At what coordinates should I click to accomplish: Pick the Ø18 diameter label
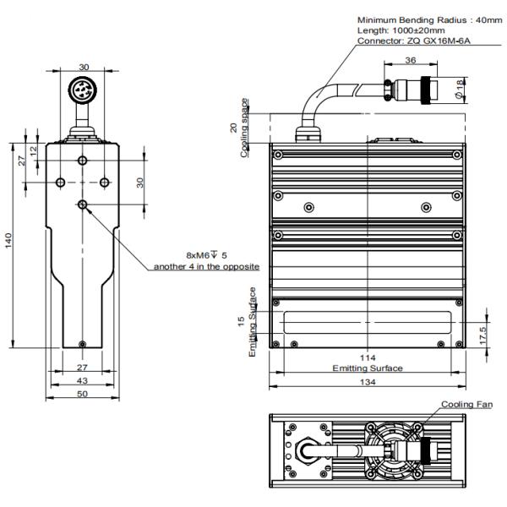tap(456, 86)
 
